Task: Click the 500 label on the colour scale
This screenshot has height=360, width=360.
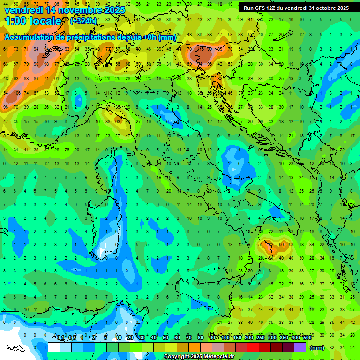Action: coord(307,337)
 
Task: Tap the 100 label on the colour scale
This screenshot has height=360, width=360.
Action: coord(225,337)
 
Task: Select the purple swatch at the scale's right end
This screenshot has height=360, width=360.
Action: coord(300,347)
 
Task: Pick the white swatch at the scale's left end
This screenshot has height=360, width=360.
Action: coord(54,347)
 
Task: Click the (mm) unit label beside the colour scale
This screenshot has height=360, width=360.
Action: coord(317,348)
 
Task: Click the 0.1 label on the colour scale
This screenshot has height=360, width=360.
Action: coord(60,337)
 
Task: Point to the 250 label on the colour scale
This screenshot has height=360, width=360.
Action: coord(260,337)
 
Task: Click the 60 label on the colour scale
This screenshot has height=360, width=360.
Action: coord(177,337)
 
